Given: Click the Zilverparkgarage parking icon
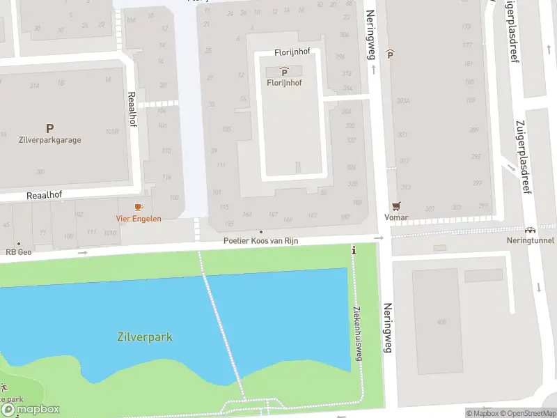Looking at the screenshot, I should click(x=49, y=128).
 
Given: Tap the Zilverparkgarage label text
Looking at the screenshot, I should click(x=49, y=140).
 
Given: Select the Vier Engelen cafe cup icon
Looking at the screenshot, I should click(x=138, y=207).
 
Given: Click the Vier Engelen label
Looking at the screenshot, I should click(x=138, y=218).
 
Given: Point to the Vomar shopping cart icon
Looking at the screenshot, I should click(x=396, y=206).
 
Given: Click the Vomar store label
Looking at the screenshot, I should click(x=396, y=217).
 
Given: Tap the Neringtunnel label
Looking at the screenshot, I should click(x=530, y=240).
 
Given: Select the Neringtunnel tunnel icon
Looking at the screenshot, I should click(x=530, y=230).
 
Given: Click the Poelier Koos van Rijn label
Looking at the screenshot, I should click(x=261, y=241).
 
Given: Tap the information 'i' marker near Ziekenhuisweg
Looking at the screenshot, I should click(x=354, y=250).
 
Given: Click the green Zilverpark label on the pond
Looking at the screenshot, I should click(x=145, y=337).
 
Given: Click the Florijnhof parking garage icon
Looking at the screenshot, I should click(x=284, y=72).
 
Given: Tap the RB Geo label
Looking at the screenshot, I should click(x=19, y=252).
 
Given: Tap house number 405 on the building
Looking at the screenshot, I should click(x=440, y=322).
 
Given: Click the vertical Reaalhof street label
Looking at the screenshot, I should click(x=130, y=109).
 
